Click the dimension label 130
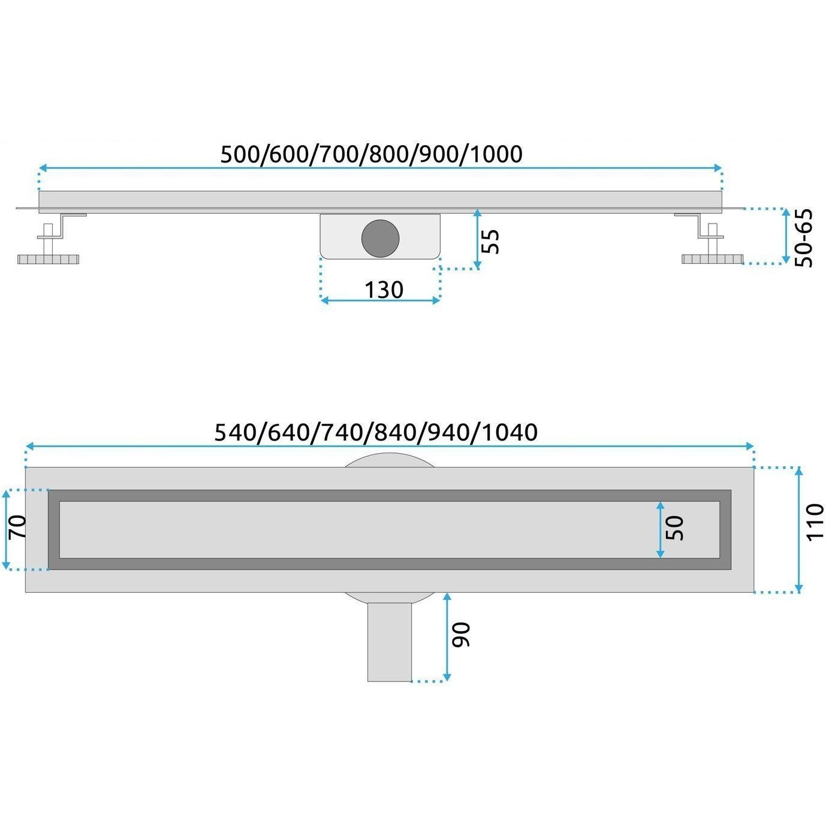coord(384,290)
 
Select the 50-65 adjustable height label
coord(803,239)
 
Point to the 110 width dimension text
coord(814,529)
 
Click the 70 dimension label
coord(18,527)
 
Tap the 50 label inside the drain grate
coord(675,529)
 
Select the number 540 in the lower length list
coord(234,433)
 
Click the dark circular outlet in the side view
coord(380,239)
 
